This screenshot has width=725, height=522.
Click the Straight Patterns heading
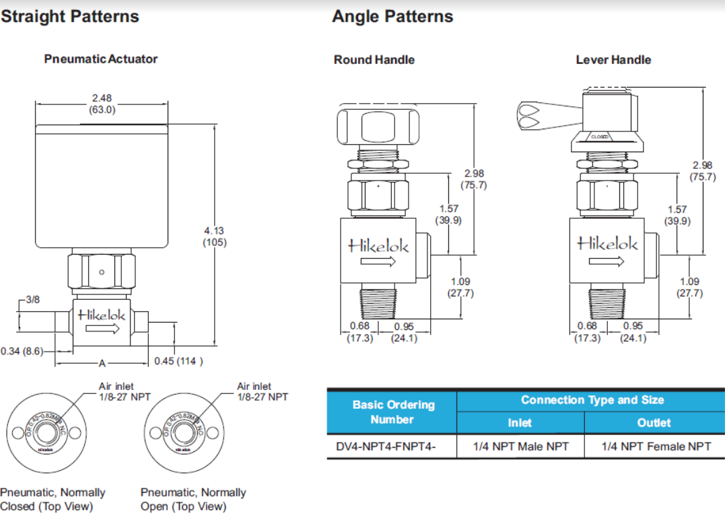point(70,17)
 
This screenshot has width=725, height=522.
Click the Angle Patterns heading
point(392,17)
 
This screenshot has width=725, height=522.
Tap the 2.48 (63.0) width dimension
point(102,103)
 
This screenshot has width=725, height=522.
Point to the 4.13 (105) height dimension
point(215,236)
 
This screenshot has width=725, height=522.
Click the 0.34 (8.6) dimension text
point(22,351)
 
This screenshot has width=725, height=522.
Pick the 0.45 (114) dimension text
point(178,361)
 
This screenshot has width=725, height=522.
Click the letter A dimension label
point(102,364)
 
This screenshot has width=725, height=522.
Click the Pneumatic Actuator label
point(101,59)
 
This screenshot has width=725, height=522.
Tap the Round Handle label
point(374,60)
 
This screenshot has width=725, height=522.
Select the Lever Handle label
point(613,60)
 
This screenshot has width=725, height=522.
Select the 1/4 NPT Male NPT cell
point(520,446)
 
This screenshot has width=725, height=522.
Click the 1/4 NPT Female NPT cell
point(656,446)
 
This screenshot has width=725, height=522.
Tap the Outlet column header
point(654,422)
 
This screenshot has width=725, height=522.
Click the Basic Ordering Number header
point(393,412)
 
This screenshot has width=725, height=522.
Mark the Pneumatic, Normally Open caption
point(193,499)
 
